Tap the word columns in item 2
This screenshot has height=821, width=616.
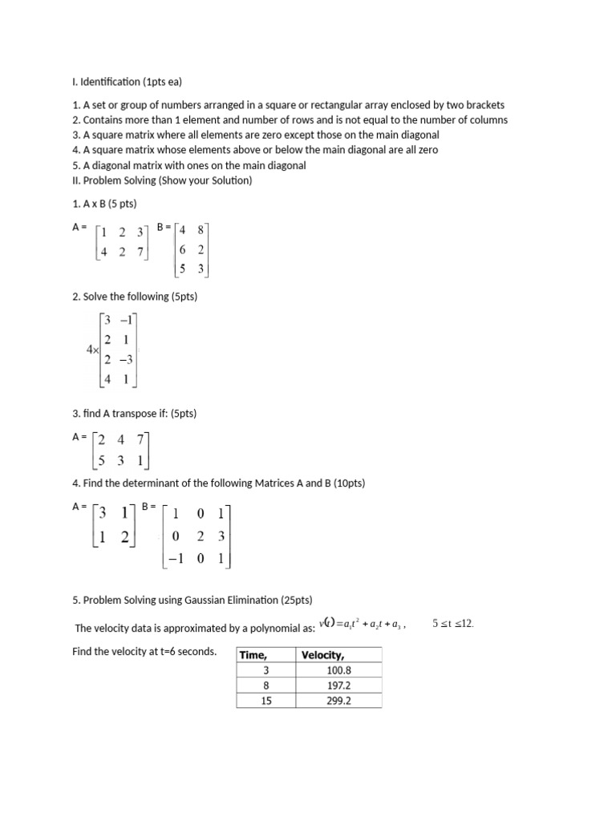coord(488,120)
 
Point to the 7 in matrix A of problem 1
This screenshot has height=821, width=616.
coord(140,253)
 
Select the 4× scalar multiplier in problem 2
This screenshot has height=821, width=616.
coord(92,350)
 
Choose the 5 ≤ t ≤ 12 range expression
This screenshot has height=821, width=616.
coord(453,623)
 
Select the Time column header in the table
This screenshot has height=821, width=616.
coord(253,655)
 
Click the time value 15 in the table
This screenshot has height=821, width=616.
coord(266,701)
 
